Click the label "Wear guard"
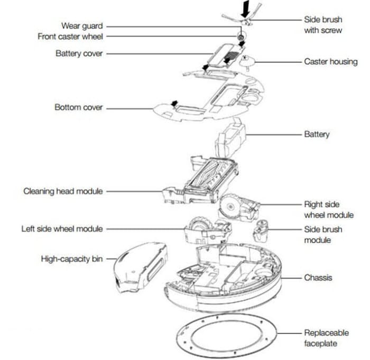click(82, 26)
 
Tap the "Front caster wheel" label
click(70, 36)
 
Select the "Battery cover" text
click(79, 53)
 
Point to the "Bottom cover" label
click(79, 107)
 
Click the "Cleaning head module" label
click(63, 191)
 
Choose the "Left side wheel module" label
click(62, 229)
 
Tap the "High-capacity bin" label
click(72, 259)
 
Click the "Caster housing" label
click(330, 62)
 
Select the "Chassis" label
click(318, 277)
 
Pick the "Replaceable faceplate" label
click(326, 338)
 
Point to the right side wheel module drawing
click(238, 208)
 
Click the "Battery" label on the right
click(317, 134)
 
